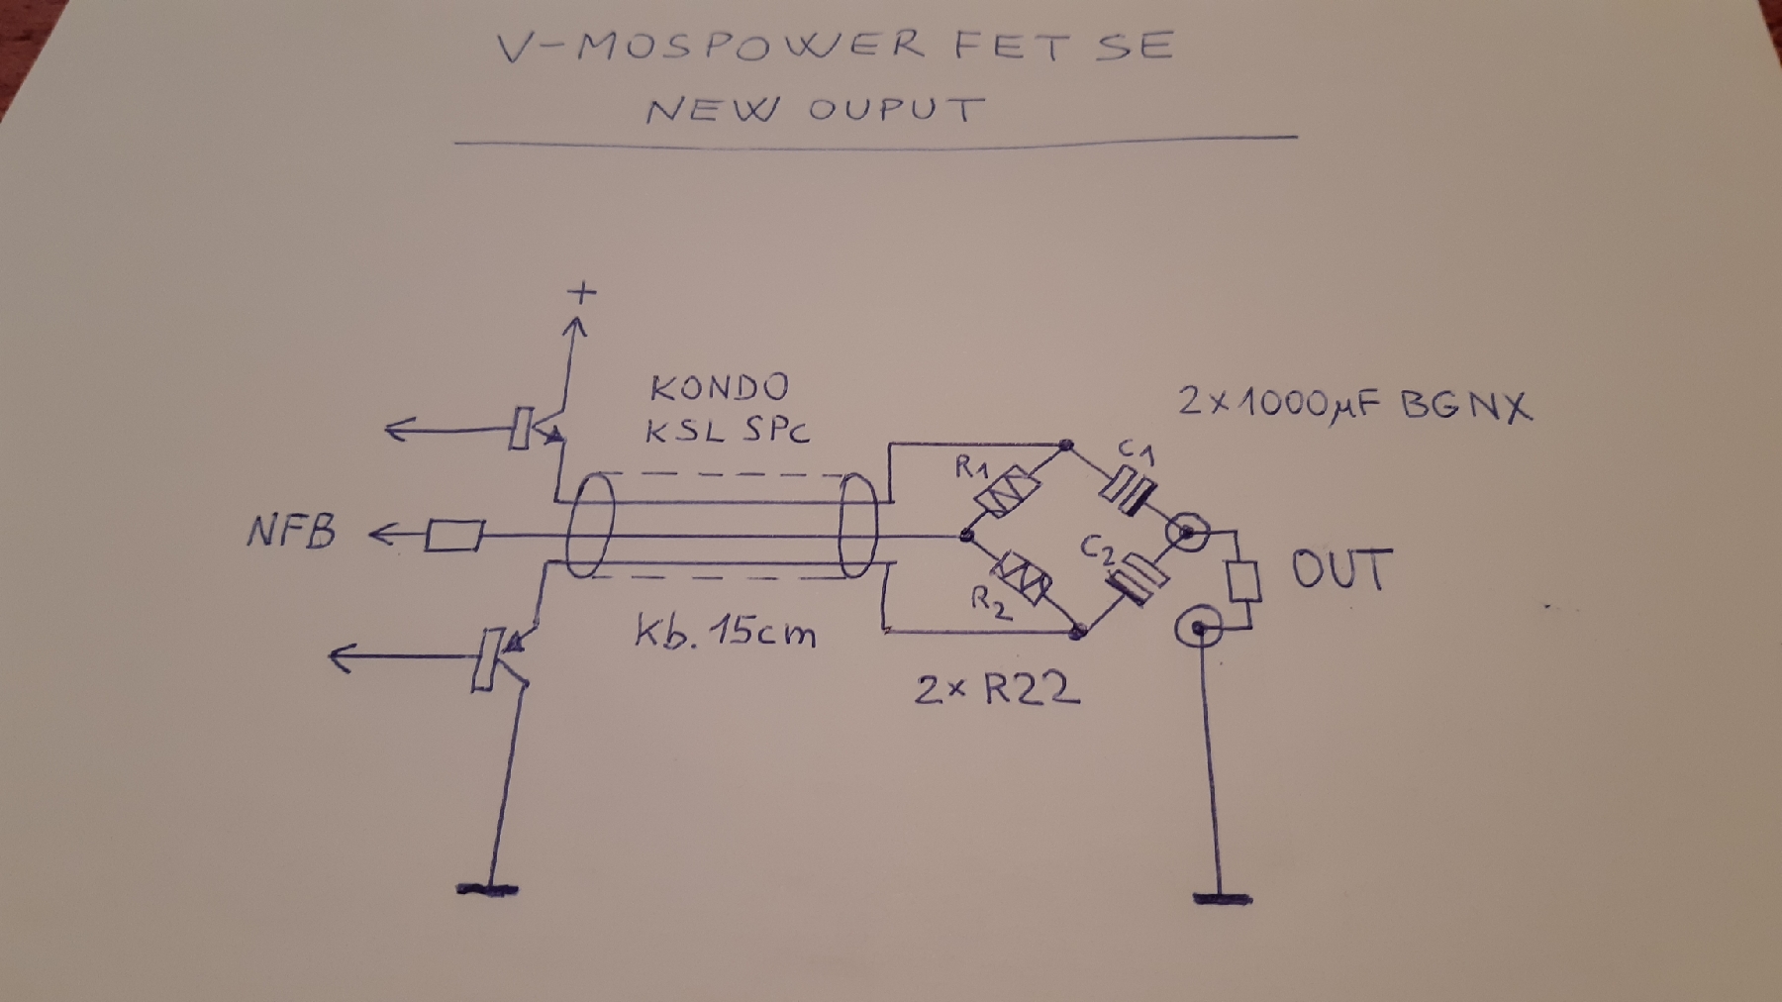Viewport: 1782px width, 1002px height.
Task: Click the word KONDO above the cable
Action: pyautogui.click(x=720, y=387)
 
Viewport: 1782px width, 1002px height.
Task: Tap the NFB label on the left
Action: pyautogui.click(x=291, y=533)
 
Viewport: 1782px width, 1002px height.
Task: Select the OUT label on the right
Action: pyautogui.click(x=1341, y=570)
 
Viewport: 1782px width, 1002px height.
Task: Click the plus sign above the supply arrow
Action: pyautogui.click(x=582, y=292)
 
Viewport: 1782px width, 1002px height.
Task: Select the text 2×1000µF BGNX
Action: pyautogui.click(x=1353, y=405)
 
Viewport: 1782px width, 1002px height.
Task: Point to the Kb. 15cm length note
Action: pyautogui.click(x=726, y=631)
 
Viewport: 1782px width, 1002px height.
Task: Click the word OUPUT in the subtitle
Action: pyautogui.click(x=896, y=108)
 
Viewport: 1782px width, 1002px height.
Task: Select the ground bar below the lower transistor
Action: pyautogui.click(x=487, y=889)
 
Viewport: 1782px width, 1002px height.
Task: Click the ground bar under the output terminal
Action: pyautogui.click(x=1223, y=899)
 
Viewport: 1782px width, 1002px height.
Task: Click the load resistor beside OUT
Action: pyautogui.click(x=1243, y=580)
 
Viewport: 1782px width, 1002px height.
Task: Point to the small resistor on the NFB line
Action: pyautogui.click(x=454, y=537)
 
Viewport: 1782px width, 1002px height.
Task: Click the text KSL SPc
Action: pyautogui.click(x=728, y=431)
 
